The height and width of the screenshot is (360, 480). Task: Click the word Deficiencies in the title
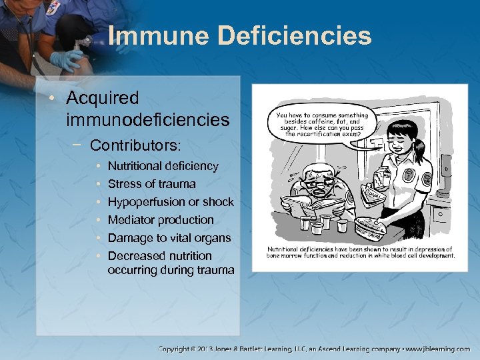[291, 35]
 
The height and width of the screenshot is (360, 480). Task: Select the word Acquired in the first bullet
[103, 99]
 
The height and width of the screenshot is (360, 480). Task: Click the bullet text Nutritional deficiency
[163, 166]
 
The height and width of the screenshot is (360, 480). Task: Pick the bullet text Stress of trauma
[151, 184]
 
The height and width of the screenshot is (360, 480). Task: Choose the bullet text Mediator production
[161, 220]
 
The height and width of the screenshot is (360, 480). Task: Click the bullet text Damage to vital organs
[169, 238]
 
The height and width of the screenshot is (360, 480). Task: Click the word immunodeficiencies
[148, 121]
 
